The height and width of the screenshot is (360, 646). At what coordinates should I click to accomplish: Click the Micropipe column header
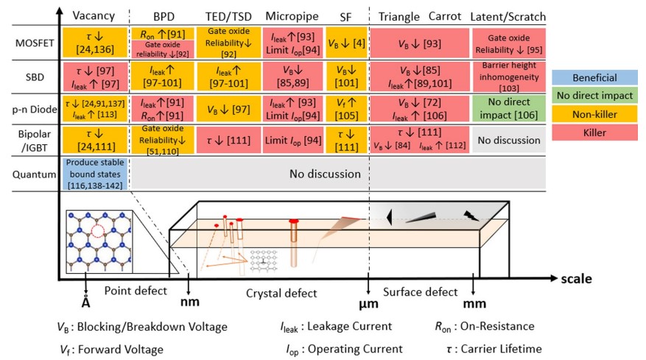290,17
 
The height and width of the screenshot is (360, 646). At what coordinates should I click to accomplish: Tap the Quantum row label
29,174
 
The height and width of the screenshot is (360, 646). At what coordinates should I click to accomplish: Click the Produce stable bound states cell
94,174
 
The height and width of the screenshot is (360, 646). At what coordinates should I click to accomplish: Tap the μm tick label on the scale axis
369,303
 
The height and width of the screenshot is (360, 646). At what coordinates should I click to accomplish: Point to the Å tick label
86,303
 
